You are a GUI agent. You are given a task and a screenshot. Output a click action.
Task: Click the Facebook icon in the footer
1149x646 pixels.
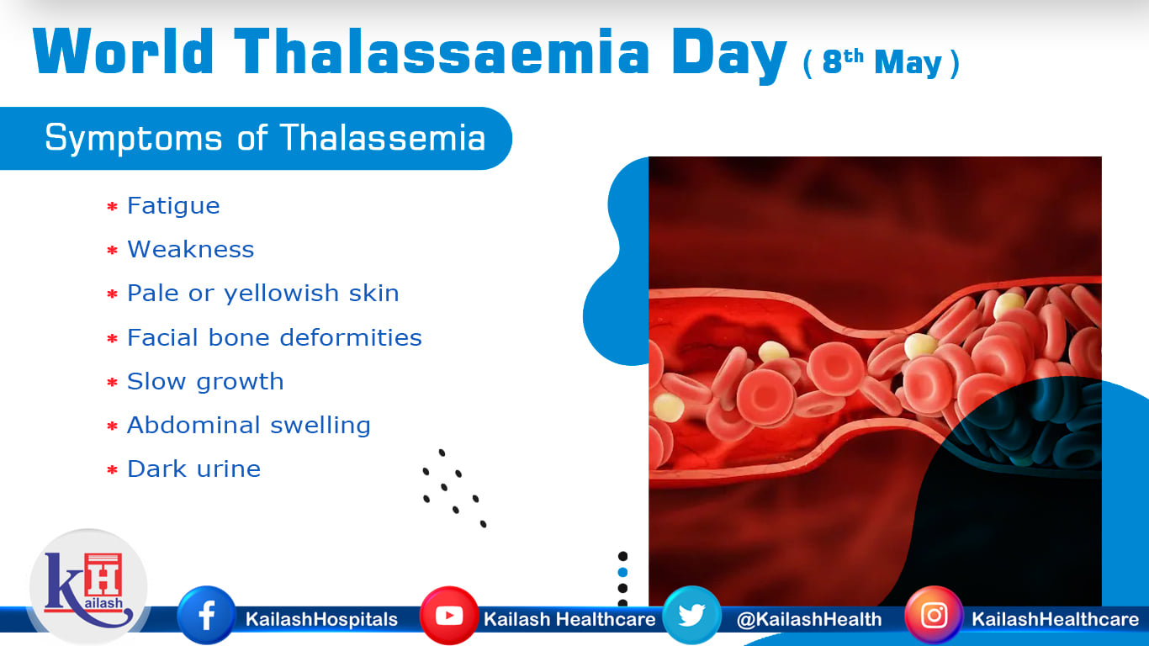[206, 615]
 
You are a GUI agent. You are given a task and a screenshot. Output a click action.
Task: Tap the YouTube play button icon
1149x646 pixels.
[449, 615]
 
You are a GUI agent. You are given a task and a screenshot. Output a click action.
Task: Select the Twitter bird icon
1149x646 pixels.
[691, 615]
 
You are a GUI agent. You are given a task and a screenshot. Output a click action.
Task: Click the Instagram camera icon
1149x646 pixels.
[934, 615]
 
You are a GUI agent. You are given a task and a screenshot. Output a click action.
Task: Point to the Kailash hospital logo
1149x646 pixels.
[88, 587]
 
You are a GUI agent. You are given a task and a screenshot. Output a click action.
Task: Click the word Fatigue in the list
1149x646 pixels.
[173, 206]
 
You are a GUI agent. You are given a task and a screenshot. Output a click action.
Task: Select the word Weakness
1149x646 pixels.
[190, 250]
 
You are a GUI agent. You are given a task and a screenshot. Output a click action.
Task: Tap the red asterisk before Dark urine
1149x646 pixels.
[113, 469]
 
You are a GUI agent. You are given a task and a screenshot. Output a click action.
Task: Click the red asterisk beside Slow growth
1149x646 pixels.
[113, 382]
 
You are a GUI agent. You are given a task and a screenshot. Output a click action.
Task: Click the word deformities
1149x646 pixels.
[351, 337]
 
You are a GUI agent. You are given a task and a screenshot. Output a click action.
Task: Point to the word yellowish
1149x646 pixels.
[281, 294]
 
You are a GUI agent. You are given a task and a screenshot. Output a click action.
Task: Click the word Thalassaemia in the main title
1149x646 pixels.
[442, 52]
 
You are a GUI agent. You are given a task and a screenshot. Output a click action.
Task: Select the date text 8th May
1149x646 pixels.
[882, 62]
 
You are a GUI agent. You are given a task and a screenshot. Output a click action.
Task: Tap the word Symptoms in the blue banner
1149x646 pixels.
[134, 139]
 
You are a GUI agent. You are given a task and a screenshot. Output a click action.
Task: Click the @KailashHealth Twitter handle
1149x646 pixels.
[809, 619]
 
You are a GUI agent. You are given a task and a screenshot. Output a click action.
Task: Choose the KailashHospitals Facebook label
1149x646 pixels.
[321, 619]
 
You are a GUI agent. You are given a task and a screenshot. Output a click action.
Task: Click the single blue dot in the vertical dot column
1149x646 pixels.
[622, 572]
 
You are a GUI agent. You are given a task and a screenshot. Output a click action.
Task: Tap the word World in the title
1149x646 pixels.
[123, 52]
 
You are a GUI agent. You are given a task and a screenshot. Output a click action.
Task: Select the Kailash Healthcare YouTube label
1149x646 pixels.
[569, 619]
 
